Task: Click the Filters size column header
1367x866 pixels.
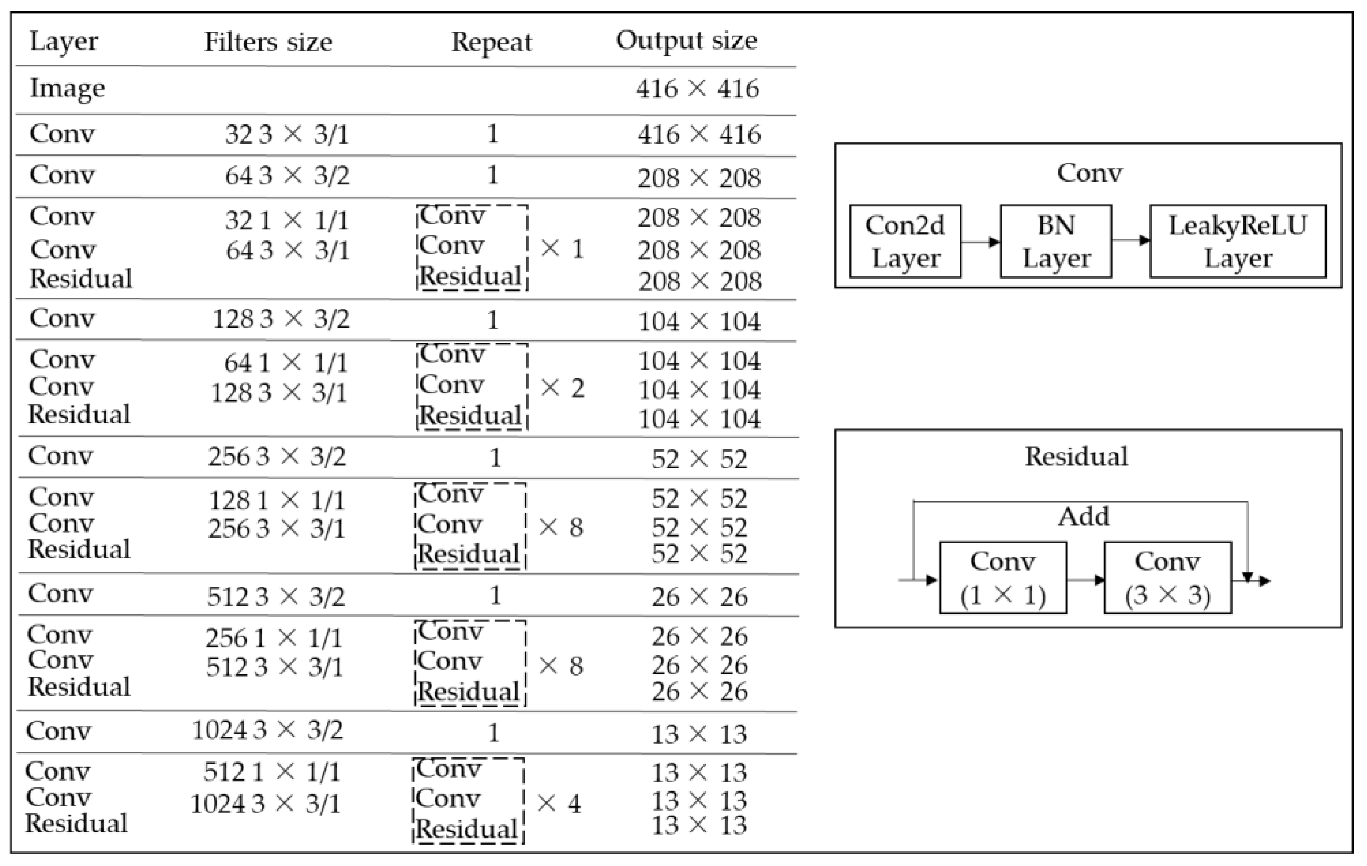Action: pos(268,41)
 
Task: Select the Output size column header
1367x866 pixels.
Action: pos(686,40)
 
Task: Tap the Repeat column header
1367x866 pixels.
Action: pos(491,41)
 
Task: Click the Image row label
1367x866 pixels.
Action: pos(67,88)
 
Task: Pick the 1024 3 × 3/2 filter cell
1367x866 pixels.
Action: pos(267,730)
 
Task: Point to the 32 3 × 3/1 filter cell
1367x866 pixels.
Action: pos(287,134)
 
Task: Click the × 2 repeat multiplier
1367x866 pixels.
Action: pos(562,388)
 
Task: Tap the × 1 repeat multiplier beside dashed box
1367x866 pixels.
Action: pos(562,249)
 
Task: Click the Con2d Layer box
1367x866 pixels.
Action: pos(905,241)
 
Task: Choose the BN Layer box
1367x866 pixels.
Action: pos(1055,241)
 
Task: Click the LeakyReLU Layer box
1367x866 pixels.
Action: pos(1238,241)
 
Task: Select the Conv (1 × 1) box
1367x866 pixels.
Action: pos(1003,577)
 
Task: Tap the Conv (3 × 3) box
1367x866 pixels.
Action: pos(1167,577)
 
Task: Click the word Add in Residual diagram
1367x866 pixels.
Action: pos(1083,516)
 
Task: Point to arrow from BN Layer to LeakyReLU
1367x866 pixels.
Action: pos(1130,240)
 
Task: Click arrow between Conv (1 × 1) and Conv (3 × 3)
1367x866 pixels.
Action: pos(1085,580)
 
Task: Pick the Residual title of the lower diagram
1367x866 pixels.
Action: pos(1076,457)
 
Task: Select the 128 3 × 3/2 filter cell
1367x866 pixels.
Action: pos(281,319)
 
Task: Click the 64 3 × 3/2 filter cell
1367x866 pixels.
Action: pos(287,175)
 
